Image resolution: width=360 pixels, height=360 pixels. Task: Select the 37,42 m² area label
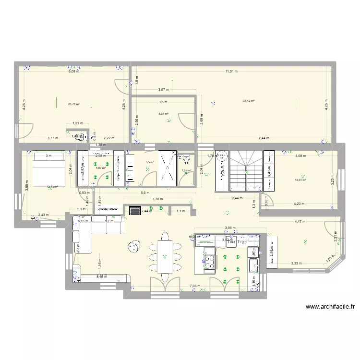[x=249, y=101]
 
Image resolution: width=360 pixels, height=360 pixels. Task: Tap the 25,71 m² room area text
[x=73, y=103]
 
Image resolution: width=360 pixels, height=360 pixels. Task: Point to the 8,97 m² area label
[x=164, y=114]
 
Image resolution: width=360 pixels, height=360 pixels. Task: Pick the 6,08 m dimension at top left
[x=73, y=72]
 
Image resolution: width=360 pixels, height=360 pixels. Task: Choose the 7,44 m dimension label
[x=264, y=138]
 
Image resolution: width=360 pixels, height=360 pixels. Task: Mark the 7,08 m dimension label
[x=194, y=287]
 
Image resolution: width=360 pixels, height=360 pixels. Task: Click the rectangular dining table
[x=164, y=256]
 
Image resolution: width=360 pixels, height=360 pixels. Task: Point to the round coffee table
[x=132, y=246]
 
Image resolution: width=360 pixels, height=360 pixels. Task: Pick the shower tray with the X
[x=168, y=168]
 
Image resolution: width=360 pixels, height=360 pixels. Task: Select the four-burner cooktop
[x=210, y=262]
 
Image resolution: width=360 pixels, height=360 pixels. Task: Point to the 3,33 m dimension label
[x=296, y=263]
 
